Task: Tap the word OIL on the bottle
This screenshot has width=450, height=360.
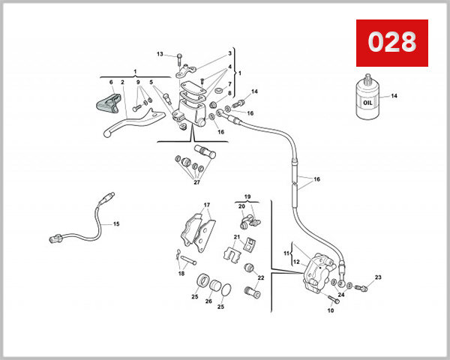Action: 367,103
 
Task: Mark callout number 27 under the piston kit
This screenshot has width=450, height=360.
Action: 197,181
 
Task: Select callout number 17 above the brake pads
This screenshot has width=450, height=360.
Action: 208,204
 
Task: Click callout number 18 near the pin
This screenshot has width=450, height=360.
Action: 180,274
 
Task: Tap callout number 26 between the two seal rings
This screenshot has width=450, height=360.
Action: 208,301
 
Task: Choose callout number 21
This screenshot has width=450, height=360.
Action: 235,237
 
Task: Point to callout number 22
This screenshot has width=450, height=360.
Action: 261,277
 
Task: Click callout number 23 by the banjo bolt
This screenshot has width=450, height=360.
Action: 378,277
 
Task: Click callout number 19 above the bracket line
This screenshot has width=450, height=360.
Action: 247,196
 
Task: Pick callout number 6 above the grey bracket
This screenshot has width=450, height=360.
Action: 111,82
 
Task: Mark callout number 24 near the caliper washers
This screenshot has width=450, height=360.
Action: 340,295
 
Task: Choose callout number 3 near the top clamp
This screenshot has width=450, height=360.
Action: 229,54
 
